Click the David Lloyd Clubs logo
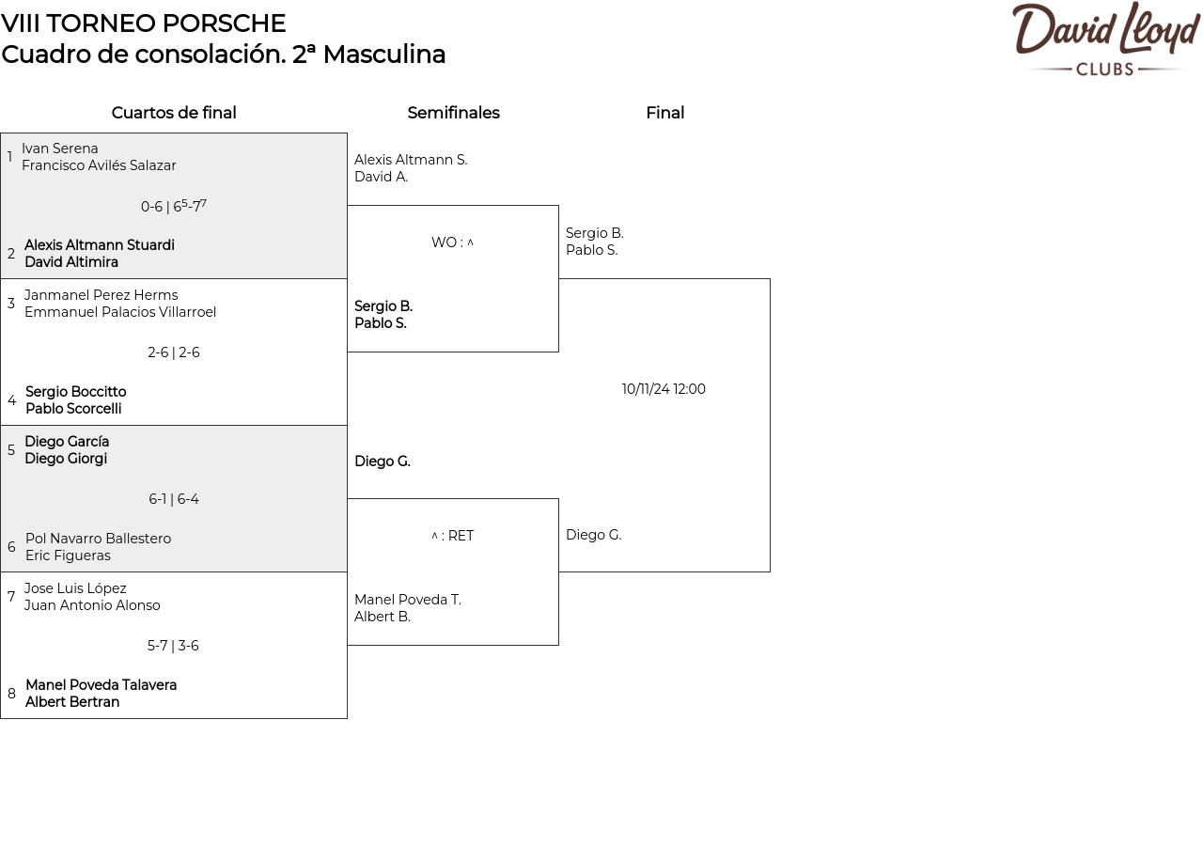pyautogui.click(x=1106, y=39)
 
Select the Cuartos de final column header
pyautogui.click(x=174, y=113)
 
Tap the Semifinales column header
pyautogui.click(x=453, y=113)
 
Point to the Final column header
pyautogui.click(x=664, y=113)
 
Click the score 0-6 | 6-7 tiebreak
pyautogui.click(x=174, y=206)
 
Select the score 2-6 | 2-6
pyautogui.click(x=174, y=352)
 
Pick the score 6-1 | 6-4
pyautogui.click(x=174, y=499)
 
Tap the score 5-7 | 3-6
pyautogui.click(x=173, y=646)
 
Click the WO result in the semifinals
pyautogui.click(x=452, y=243)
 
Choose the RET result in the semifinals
pyautogui.click(x=452, y=536)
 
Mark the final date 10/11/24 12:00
pyautogui.click(x=664, y=389)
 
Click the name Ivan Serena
pyautogui.click(x=59, y=149)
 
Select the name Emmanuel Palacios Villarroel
pyautogui.click(x=120, y=312)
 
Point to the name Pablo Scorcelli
pyautogui.click(x=73, y=409)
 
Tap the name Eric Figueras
pyautogui.click(x=68, y=556)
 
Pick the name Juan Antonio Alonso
pyautogui.click(x=92, y=605)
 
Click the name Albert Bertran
pyautogui.click(x=72, y=702)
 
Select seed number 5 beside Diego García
pyautogui.click(x=10, y=449)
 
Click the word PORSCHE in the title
pyautogui.click(x=224, y=23)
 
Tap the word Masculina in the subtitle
pyautogui.click(x=384, y=55)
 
